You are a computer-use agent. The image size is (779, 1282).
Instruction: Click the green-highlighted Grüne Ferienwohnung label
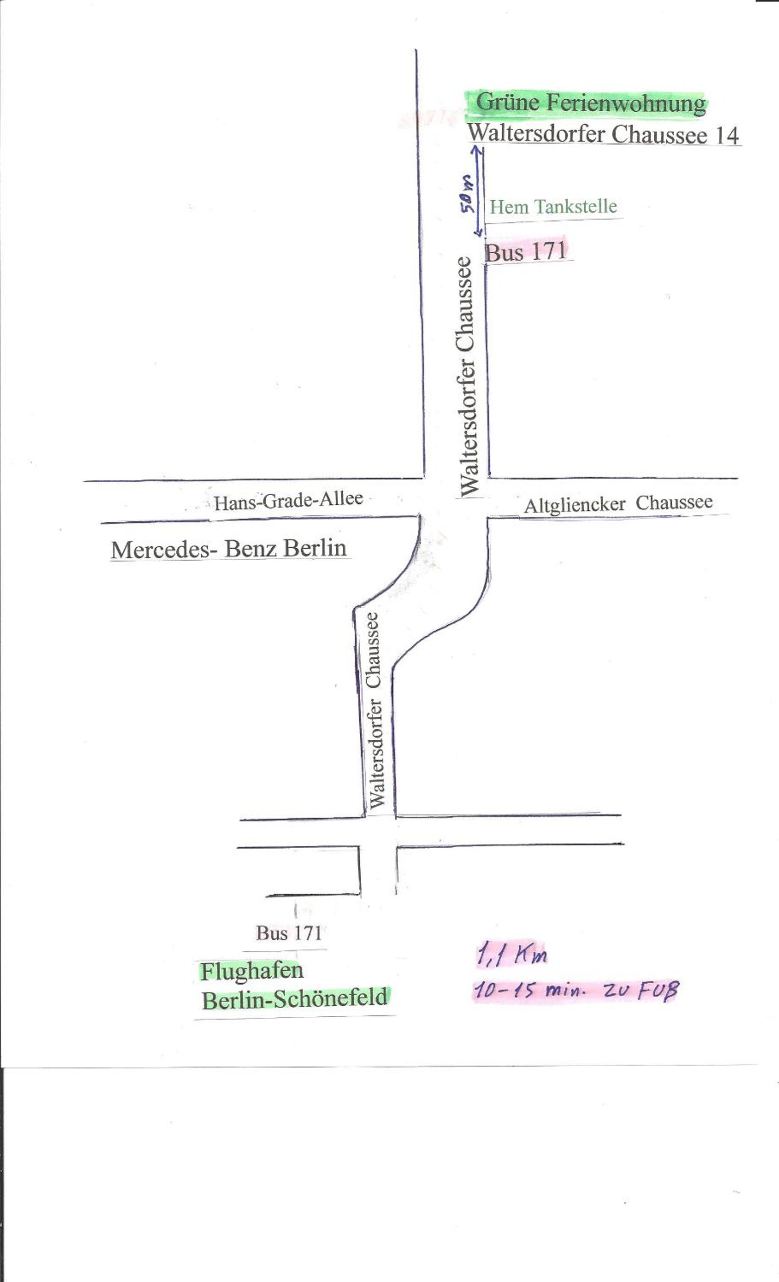pos(591,103)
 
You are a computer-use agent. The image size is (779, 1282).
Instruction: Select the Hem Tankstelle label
pos(553,207)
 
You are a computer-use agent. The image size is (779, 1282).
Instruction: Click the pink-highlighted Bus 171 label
pos(526,252)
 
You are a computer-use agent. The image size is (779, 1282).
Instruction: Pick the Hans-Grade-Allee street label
pos(288,500)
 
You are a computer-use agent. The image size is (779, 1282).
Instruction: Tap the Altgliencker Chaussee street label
pos(618,504)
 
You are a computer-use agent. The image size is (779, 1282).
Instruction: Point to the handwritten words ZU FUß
pos(641,990)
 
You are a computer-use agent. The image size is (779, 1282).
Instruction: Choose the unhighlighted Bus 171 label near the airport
pos(289,933)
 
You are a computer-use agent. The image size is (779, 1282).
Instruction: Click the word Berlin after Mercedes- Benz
pos(315,548)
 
